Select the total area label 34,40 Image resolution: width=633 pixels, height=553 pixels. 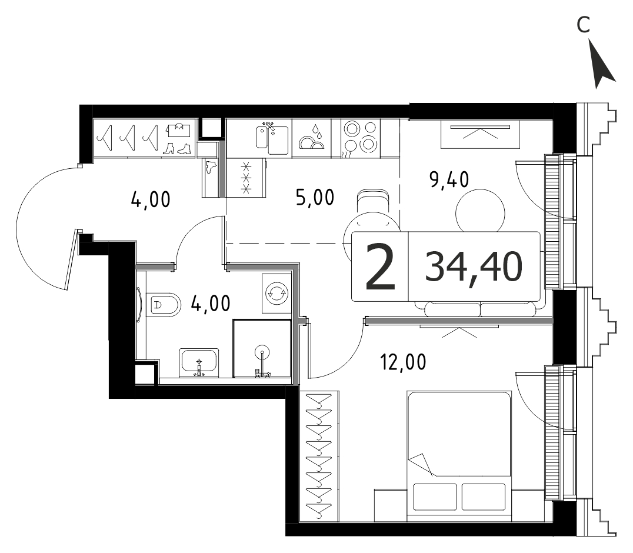[474, 267]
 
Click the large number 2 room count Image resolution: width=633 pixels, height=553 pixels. [380, 267]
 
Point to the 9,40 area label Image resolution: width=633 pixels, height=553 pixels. [449, 179]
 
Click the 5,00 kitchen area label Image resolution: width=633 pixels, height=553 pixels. [315, 198]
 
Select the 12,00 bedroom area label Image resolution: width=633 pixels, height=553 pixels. [403, 362]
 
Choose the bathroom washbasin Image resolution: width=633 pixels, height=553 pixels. [199, 362]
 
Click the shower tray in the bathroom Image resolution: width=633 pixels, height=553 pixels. [262, 348]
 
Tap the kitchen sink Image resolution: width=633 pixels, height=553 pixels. [272, 139]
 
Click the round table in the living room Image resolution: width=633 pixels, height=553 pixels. [480, 210]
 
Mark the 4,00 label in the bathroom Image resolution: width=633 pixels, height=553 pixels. [211, 303]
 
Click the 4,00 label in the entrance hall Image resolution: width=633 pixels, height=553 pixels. [151, 199]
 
